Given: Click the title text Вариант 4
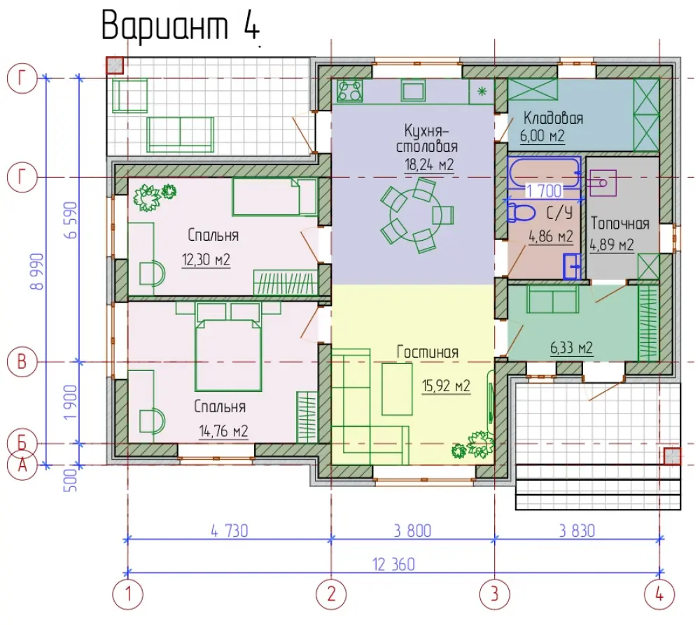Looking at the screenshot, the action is point(181,25).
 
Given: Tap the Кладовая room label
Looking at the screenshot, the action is point(553,118).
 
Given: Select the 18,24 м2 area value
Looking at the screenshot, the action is point(429,164).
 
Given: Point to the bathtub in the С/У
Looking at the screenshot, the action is point(544,172).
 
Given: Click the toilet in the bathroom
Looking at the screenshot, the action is point(521,213).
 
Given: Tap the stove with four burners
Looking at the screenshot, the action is point(349,90).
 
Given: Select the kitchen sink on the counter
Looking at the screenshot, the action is point(413,90).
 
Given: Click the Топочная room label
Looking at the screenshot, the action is point(620,223).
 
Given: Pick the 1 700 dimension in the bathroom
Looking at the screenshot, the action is point(544,191).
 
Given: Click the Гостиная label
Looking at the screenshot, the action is point(428,352).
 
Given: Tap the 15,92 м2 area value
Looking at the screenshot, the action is point(446,386).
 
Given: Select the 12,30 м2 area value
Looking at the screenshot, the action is point(206,260).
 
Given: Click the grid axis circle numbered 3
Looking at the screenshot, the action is point(494,594).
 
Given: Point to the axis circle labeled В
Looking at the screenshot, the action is point(22,362).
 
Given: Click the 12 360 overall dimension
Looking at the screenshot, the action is point(393,564).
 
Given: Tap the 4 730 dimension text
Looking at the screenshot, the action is point(230,531).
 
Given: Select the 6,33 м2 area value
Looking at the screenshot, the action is point(571,347).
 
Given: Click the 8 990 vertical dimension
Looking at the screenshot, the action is point(38,272).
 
